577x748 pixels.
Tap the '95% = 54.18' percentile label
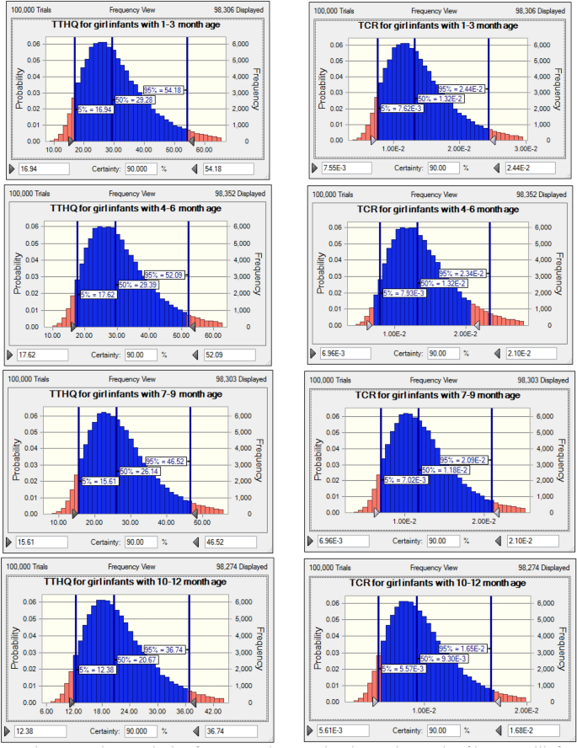point(163,90)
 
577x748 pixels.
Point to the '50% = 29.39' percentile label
point(137,285)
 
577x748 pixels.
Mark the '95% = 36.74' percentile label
point(163,649)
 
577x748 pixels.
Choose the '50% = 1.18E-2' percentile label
point(444,469)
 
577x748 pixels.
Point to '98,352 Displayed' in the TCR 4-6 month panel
point(540,195)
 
